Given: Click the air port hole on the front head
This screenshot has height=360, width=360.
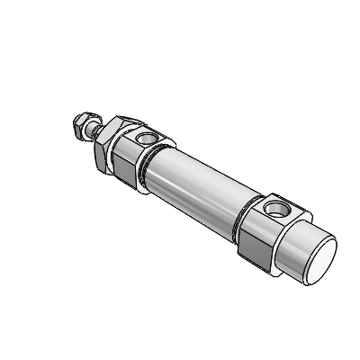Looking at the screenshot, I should [148, 139].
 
